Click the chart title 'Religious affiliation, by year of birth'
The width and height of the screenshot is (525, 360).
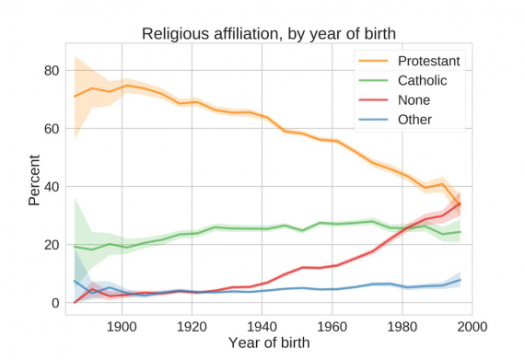(x=268, y=34)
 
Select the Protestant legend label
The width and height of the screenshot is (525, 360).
(x=429, y=62)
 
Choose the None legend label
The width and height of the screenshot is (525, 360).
(x=415, y=100)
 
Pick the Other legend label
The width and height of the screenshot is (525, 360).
(x=416, y=120)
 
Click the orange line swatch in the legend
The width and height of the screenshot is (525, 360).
(x=375, y=62)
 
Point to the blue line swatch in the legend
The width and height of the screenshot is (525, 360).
(x=375, y=120)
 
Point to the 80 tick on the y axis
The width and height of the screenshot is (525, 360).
(x=51, y=71)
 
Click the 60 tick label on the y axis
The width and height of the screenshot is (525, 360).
(x=51, y=129)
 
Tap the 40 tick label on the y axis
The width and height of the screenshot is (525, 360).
(x=51, y=187)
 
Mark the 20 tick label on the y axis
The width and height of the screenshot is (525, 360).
(x=51, y=245)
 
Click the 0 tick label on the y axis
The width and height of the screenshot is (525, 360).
(x=54, y=303)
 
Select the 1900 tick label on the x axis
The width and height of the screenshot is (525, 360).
(x=122, y=325)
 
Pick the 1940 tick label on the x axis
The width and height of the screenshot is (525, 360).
(x=262, y=325)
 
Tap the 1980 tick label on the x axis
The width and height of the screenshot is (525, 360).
(x=402, y=325)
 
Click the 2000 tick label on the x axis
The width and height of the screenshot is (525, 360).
(x=472, y=325)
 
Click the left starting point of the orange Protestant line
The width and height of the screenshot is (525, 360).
(x=75, y=97)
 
